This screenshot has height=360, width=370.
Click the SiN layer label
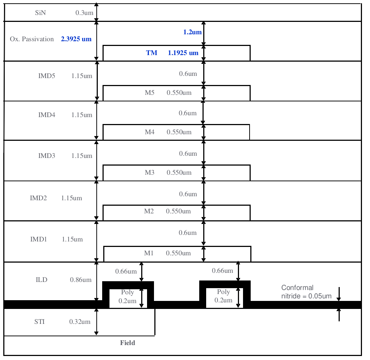click(41, 13)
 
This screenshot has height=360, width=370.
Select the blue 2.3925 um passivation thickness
click(76, 39)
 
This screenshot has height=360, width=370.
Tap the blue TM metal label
click(152, 53)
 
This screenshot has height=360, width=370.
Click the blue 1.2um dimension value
click(192, 32)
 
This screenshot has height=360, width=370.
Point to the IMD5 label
click(47, 76)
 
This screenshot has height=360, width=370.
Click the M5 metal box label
click(150, 93)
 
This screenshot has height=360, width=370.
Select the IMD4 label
click(47, 115)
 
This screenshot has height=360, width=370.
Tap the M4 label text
click(150, 132)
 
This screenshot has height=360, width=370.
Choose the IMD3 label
click(47, 156)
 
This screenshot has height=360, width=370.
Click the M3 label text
click(150, 173)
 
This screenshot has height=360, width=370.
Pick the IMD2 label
click(38, 198)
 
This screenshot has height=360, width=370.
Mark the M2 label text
click(149, 211)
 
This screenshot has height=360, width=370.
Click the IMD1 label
click(39, 239)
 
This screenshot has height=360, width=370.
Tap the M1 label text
click(149, 253)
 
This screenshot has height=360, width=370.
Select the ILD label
click(42, 280)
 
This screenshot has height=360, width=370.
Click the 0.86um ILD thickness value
click(81, 280)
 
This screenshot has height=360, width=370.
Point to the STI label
click(39, 322)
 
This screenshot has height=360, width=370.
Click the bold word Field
click(128, 343)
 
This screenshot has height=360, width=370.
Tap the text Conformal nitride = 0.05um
click(306, 292)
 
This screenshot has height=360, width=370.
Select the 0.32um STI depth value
click(80, 322)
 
